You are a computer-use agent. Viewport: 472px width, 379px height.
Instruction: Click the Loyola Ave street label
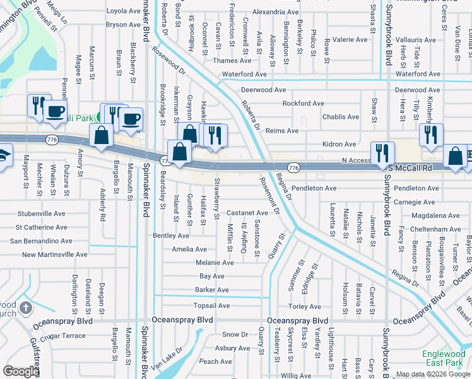pos(123,11)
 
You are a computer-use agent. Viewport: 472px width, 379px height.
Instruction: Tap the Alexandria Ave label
pos(275,11)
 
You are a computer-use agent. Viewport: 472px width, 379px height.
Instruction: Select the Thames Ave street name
pos(232,61)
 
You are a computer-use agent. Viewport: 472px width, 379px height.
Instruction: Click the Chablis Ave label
pos(341,117)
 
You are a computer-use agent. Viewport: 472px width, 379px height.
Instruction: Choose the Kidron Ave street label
pos(339,144)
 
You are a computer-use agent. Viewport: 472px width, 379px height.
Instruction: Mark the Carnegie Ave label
pos(414,202)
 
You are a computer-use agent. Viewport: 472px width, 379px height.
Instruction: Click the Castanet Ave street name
pos(247,213)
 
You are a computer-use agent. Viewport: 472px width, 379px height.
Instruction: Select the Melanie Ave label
pos(215,262)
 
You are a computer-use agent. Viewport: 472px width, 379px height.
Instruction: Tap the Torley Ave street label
pos(304,306)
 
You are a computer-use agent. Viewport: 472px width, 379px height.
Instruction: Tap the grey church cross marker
pos(26,308)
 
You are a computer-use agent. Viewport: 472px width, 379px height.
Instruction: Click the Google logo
pos(21,371)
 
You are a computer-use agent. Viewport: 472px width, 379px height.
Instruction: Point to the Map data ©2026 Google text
pos(432,374)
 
